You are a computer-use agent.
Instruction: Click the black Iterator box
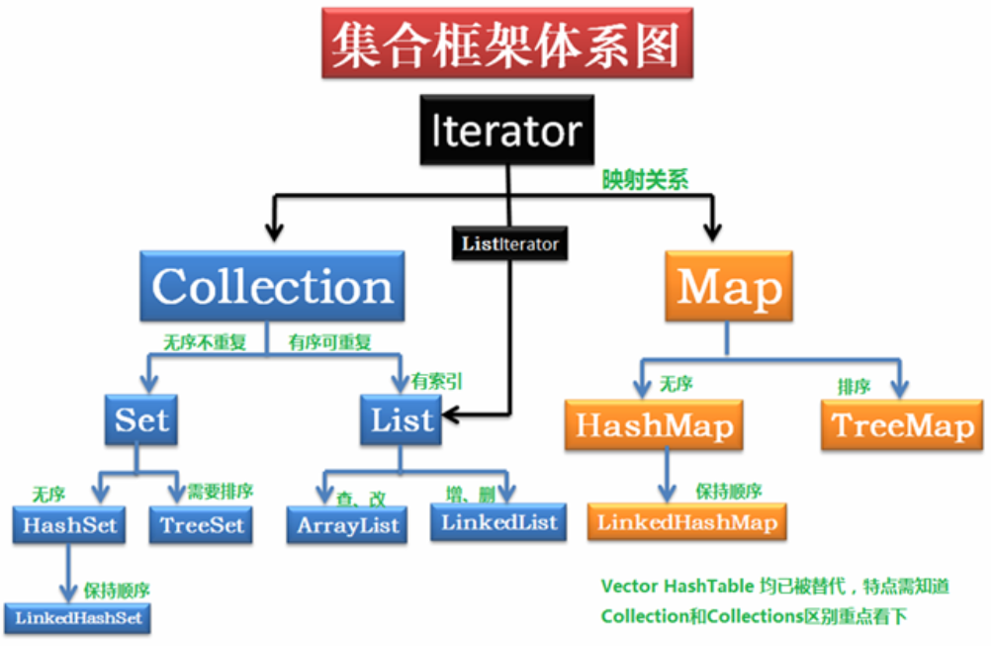point(507,131)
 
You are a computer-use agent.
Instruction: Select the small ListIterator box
point(509,243)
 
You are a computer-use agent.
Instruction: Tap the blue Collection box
point(272,286)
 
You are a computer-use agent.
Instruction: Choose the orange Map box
point(729,286)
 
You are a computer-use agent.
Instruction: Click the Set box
point(141,419)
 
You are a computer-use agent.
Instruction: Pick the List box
point(401,419)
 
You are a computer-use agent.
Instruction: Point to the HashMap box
point(654,424)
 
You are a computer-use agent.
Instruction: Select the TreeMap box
point(902,424)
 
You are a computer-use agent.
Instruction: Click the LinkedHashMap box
point(687,522)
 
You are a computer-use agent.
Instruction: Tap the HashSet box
point(69,525)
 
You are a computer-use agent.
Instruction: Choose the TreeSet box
point(201,525)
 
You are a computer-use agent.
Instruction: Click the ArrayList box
point(347,525)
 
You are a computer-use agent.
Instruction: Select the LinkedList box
point(498,522)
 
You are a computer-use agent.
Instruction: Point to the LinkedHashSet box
point(78,618)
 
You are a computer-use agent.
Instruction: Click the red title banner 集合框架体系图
point(507,43)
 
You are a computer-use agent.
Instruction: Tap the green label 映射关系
point(645,180)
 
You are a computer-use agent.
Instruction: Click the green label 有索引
point(437,381)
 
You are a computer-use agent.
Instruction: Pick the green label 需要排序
point(220,491)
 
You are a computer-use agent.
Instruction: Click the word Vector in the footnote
point(629,586)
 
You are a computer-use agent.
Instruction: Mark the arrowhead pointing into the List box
point(451,415)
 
